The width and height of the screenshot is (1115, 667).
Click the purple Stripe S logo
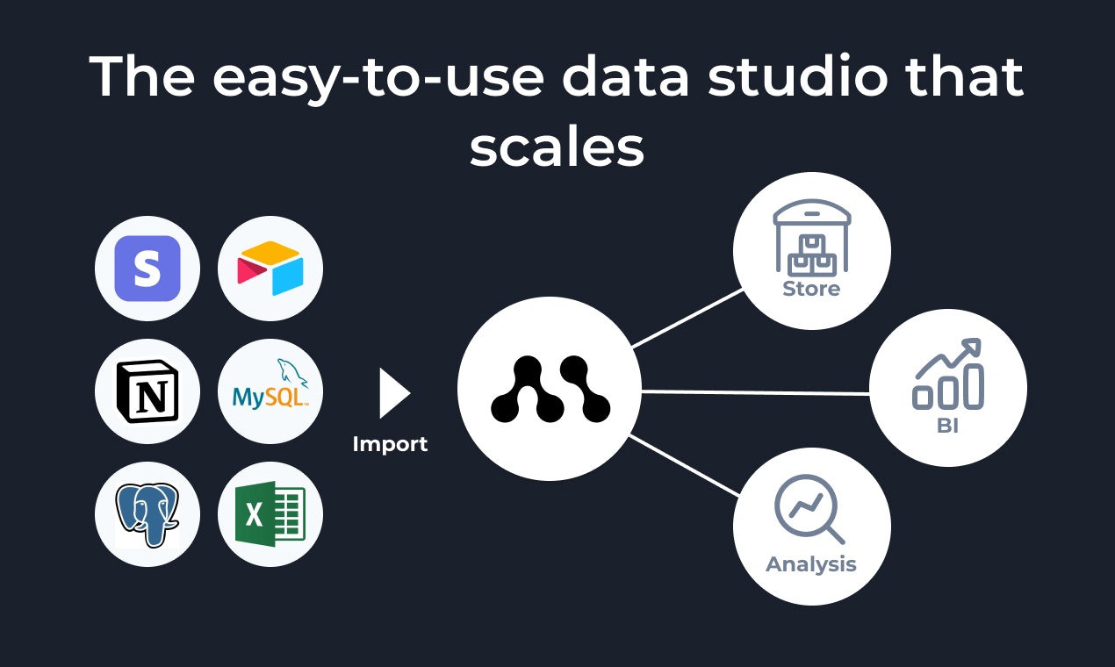pos(147,269)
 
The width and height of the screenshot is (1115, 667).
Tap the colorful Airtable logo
pos(270,267)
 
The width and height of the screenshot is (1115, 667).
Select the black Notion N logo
pos(147,391)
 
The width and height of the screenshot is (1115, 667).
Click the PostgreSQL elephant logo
pos(147,514)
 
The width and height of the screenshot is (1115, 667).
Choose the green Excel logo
pos(270,514)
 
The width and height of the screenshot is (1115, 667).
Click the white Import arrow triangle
pos(393,393)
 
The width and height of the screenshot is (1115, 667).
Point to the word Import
pos(390,444)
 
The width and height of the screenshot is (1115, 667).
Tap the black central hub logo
pos(550,389)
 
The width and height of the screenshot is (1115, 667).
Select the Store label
pos(811,289)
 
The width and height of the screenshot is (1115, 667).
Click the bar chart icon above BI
pos(948,376)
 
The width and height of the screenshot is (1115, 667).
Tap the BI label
pos(947,427)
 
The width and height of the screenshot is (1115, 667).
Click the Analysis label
pos(811,563)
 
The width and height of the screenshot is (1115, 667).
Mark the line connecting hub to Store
pos(687,318)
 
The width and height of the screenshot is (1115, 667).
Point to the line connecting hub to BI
pos(755,392)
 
